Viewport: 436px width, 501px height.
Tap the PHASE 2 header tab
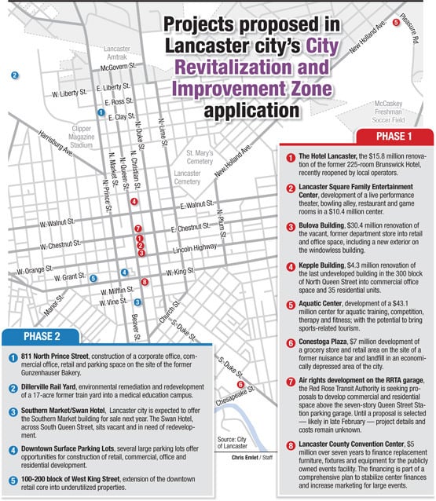tap(50, 337)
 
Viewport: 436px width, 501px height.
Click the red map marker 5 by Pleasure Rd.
tap(396, 22)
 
